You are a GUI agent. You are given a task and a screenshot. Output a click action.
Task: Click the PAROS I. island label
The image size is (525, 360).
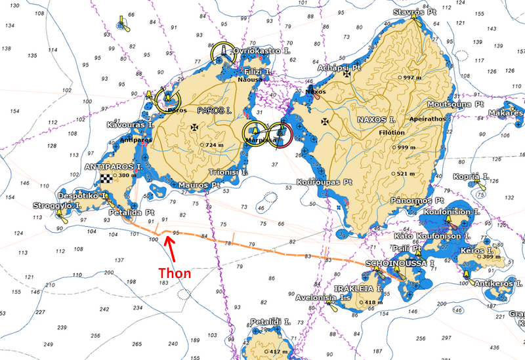[216, 111]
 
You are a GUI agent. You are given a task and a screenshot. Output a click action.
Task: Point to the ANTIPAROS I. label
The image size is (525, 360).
[113, 167]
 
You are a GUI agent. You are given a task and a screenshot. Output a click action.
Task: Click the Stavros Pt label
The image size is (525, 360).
[416, 12]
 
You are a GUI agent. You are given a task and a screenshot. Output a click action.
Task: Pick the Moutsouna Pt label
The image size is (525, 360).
[455, 104]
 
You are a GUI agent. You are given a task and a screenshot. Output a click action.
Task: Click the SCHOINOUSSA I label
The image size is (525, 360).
[400, 263]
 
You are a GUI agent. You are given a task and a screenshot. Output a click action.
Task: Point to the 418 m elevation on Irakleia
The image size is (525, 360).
[371, 302]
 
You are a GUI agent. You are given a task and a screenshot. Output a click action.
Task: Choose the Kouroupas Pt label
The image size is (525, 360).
[324, 182]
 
